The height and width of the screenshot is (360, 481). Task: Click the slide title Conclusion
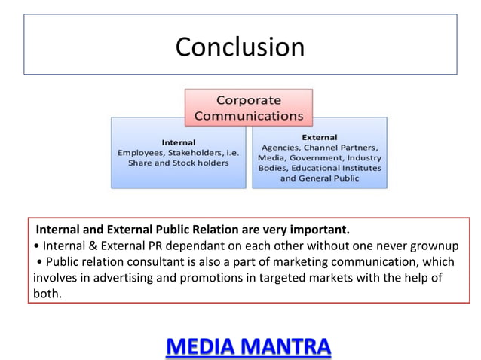coord(240,47)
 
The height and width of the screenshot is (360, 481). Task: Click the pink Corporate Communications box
coord(248,108)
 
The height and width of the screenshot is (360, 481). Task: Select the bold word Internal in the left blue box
coord(179,142)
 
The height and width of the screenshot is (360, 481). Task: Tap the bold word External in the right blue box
coord(320,137)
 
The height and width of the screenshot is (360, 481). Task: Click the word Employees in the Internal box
coord(143,152)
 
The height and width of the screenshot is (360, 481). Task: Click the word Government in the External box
coord(318,158)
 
